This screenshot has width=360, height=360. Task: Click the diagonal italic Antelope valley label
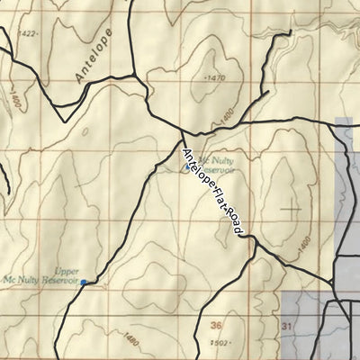tap(94, 56)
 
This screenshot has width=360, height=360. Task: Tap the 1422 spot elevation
tap(28, 33)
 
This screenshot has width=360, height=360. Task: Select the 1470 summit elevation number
tap(214, 78)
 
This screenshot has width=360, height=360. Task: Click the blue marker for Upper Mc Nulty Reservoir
tap(84, 283)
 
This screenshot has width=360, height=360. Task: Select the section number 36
tap(215, 325)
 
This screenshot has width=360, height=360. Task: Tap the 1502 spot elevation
tap(219, 342)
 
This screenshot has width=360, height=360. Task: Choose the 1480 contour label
tap(133, 339)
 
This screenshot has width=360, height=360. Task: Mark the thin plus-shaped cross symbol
tap(290, 208)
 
